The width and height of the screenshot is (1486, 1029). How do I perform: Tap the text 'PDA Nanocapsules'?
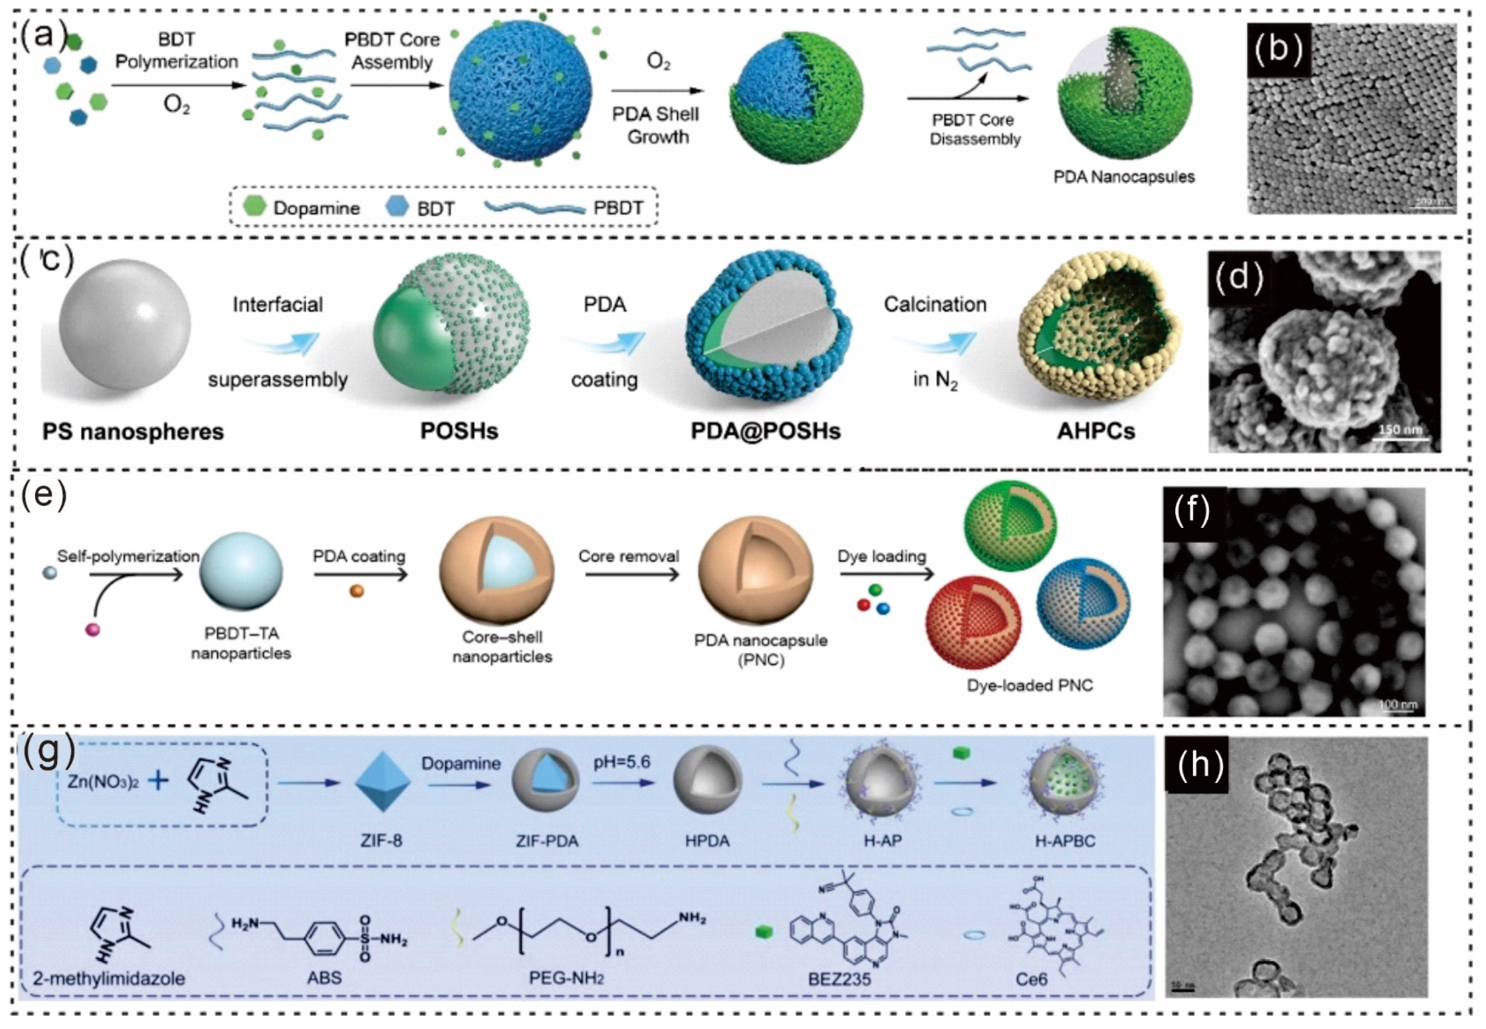[x=1124, y=177]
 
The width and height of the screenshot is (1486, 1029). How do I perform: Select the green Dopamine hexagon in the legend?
[x=255, y=206]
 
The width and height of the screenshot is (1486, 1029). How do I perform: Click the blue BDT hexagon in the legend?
[x=396, y=206]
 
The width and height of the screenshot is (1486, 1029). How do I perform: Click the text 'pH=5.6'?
[x=622, y=762]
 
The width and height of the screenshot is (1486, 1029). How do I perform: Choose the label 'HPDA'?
[x=707, y=841]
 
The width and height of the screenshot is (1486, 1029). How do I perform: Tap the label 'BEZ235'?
[x=839, y=978]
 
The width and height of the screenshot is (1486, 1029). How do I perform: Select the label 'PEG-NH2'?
[x=566, y=978]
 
